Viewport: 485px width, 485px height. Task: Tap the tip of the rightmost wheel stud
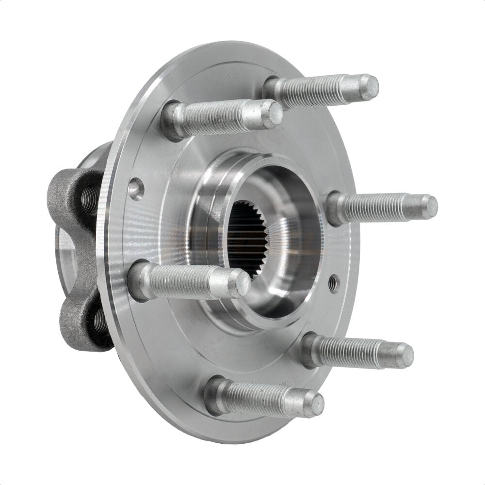(429, 207)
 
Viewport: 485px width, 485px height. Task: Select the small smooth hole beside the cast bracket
(136, 188)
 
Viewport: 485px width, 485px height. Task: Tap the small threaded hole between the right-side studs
(333, 283)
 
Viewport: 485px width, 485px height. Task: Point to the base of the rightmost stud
(335, 209)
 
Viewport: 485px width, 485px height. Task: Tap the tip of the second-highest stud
(275, 114)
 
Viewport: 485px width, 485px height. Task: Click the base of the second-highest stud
(173, 120)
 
